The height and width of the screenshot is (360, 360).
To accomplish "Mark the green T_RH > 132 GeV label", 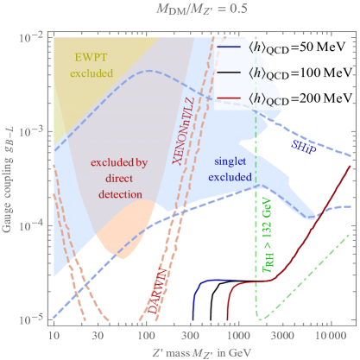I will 275,234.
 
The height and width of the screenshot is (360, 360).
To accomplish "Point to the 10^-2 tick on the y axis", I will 26,36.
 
